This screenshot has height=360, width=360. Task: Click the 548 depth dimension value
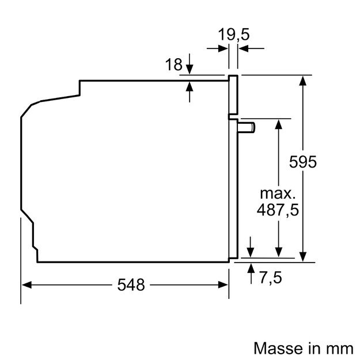(131, 284)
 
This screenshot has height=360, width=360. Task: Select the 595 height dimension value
(303, 162)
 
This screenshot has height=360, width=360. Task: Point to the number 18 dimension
(173, 65)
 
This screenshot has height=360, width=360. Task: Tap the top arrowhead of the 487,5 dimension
(279, 123)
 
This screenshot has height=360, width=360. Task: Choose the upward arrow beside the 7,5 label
(251, 268)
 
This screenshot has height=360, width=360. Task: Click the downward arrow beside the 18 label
(190, 70)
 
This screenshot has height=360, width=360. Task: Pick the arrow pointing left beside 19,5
(243, 49)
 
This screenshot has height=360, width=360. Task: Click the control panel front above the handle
(233, 95)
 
